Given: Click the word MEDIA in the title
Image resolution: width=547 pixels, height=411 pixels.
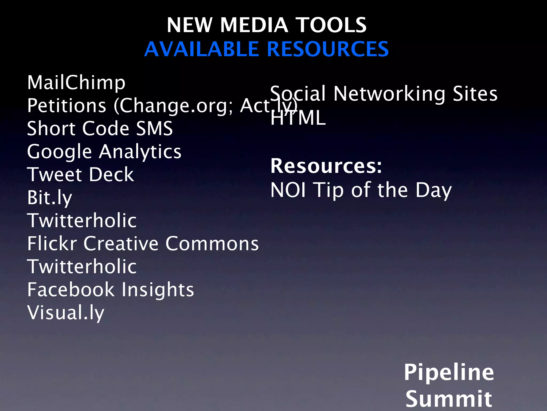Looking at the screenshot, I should [x=254, y=25].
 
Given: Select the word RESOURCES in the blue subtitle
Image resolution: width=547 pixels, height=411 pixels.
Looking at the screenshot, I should [x=328, y=50].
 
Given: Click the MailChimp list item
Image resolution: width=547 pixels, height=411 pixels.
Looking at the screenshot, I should [x=76, y=83].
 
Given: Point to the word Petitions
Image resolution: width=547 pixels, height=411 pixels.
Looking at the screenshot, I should [x=67, y=106].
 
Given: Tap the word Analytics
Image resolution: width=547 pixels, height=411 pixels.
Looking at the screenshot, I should [x=140, y=152].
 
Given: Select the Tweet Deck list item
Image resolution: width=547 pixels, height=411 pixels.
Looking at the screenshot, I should [x=80, y=175].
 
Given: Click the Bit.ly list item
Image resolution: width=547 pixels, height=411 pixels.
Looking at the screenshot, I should [x=50, y=198].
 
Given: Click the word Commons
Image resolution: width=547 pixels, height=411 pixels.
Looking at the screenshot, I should [x=212, y=244].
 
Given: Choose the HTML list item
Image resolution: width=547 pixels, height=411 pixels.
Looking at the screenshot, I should [x=298, y=118].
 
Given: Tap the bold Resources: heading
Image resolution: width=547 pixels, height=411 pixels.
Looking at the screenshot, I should [x=326, y=166].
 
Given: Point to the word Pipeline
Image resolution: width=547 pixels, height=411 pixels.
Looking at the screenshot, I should [x=449, y=372].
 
